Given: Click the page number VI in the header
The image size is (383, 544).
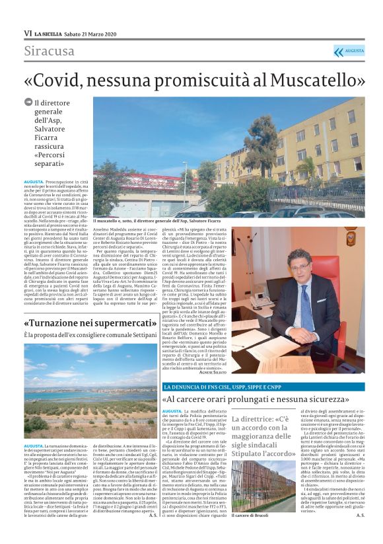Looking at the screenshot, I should point(28,33).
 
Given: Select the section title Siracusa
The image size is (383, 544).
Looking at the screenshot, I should point(50,52).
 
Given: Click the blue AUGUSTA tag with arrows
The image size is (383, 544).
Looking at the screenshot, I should point(349,52).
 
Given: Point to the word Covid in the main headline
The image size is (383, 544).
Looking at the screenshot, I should point(72,81).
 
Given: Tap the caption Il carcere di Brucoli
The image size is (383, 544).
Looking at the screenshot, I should point(251,514).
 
